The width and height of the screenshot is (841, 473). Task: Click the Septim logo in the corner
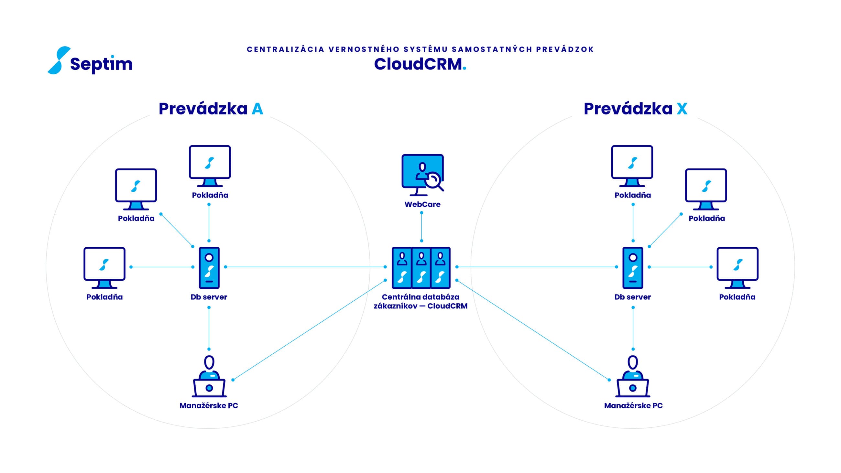coord(90,60)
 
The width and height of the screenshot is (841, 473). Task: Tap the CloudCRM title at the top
coord(420,64)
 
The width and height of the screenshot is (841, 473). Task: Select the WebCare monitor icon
coord(422,175)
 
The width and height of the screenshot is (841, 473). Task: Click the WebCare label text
coord(422,204)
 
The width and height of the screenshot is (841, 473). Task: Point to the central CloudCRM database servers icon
coord(421,268)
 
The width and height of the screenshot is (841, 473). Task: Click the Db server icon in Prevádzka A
coord(209,268)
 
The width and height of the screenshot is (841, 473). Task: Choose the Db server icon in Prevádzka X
coord(633,268)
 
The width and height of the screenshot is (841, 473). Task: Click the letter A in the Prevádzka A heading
coord(257,109)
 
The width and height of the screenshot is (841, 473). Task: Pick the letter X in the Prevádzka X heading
coord(682,109)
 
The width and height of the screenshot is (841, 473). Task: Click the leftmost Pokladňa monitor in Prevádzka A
coord(104,268)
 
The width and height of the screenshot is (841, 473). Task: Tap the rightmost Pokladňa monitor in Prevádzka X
coord(737,268)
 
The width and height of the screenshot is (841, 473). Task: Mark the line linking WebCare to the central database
coord(421,227)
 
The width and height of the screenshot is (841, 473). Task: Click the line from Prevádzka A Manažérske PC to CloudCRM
coord(309,330)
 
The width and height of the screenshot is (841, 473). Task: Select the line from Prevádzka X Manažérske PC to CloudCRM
coord(533,330)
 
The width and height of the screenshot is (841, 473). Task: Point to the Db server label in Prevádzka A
coord(209,297)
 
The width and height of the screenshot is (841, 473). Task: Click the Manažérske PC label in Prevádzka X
coord(633,405)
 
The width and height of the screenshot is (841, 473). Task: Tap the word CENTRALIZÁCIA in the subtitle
coord(286,49)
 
